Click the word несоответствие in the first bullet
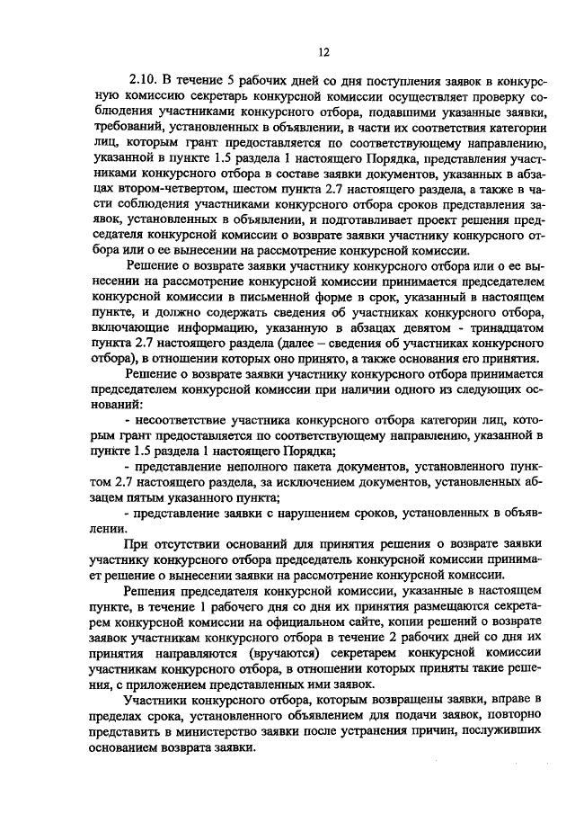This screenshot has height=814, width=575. coord(185,424)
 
